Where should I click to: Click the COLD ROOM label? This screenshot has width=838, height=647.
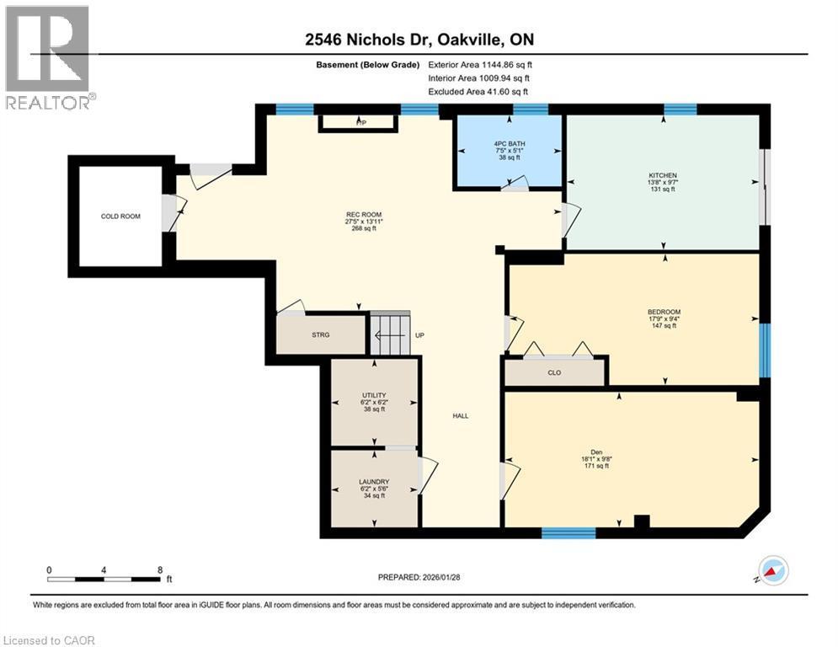click(120, 217)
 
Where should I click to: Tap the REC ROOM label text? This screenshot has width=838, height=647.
click(364, 216)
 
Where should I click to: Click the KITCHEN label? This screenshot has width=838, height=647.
click(663, 175)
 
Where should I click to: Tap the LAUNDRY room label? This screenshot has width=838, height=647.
click(373, 482)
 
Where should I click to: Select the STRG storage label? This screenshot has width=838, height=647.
click(321, 334)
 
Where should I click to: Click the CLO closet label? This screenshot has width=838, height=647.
click(554, 372)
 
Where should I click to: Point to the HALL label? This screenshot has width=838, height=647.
click(460, 415)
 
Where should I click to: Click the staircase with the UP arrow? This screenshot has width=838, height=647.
click(390, 334)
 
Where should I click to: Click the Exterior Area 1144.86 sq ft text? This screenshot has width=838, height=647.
click(480, 64)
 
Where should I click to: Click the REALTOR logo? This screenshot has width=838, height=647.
click(48, 57)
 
